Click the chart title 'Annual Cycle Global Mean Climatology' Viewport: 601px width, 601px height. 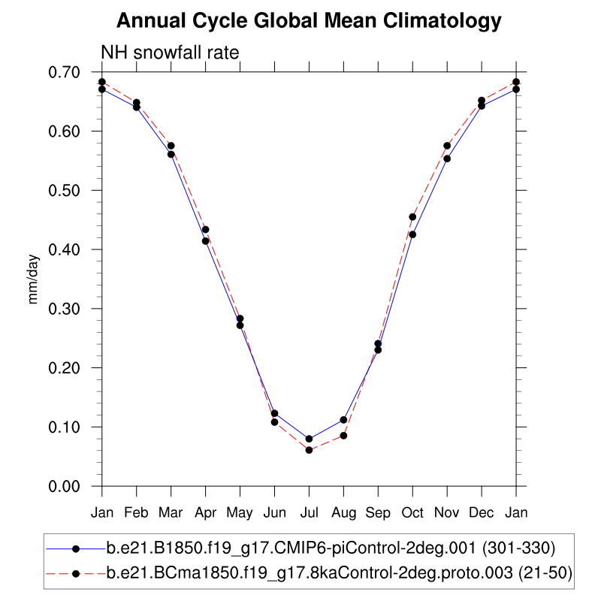309,20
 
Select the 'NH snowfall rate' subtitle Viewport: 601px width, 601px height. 170,53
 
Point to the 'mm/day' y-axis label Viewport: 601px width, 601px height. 33,279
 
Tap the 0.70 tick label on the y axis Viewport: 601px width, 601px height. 74,72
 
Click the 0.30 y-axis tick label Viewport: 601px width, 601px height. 74,309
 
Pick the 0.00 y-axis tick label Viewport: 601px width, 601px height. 74,486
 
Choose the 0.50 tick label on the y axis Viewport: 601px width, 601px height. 74,190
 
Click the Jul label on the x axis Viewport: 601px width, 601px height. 309,512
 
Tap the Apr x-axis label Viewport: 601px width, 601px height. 205,512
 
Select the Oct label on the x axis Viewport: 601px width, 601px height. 412,512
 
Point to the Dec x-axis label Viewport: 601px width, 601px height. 482,512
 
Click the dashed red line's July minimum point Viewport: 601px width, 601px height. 309,450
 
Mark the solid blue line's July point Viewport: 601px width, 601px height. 309,439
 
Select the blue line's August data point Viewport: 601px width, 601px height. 343,420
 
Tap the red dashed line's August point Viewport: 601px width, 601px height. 343,436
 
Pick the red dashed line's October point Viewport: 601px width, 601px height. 412,217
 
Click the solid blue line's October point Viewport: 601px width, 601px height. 412,234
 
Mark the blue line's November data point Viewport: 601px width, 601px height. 447,159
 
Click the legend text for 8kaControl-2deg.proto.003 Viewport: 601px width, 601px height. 339,574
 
